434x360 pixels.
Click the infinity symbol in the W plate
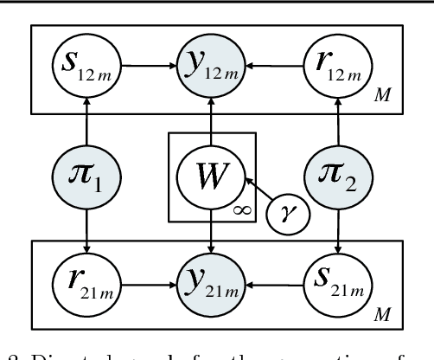[245, 209]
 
